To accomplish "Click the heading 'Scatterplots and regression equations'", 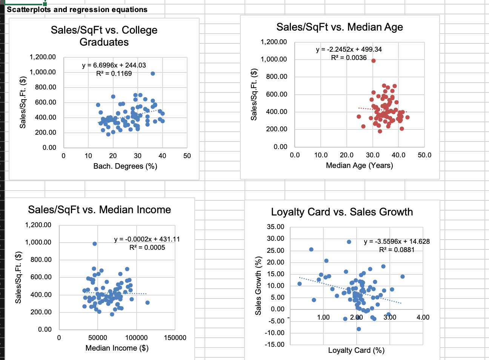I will tap(77, 9).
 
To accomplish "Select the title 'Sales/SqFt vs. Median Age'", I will tap(340, 27).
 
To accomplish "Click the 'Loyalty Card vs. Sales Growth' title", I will tap(342, 212).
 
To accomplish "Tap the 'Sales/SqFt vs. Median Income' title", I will tap(99, 210).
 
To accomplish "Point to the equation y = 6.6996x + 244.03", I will tap(114, 65).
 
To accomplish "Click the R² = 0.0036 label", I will tap(349, 58).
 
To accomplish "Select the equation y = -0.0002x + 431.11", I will tap(147, 239).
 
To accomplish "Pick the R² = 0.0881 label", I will tap(397, 250).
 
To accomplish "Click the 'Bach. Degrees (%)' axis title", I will tap(125, 166).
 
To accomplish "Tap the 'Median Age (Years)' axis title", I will tap(359, 165).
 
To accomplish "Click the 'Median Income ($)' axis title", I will tap(117, 348).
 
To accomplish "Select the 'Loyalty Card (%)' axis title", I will tap(356, 351).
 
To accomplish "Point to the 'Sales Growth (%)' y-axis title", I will tap(258, 286).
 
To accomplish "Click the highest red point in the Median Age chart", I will tap(374, 61).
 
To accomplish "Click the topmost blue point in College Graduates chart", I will tap(153, 74).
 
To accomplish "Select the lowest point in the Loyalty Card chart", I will tap(358, 329).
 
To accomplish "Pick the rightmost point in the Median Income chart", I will tap(148, 303).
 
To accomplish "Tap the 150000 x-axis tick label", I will tap(175, 338).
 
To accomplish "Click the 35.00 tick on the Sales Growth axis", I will tap(275, 227).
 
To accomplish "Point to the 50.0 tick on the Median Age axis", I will tap(424, 155).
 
